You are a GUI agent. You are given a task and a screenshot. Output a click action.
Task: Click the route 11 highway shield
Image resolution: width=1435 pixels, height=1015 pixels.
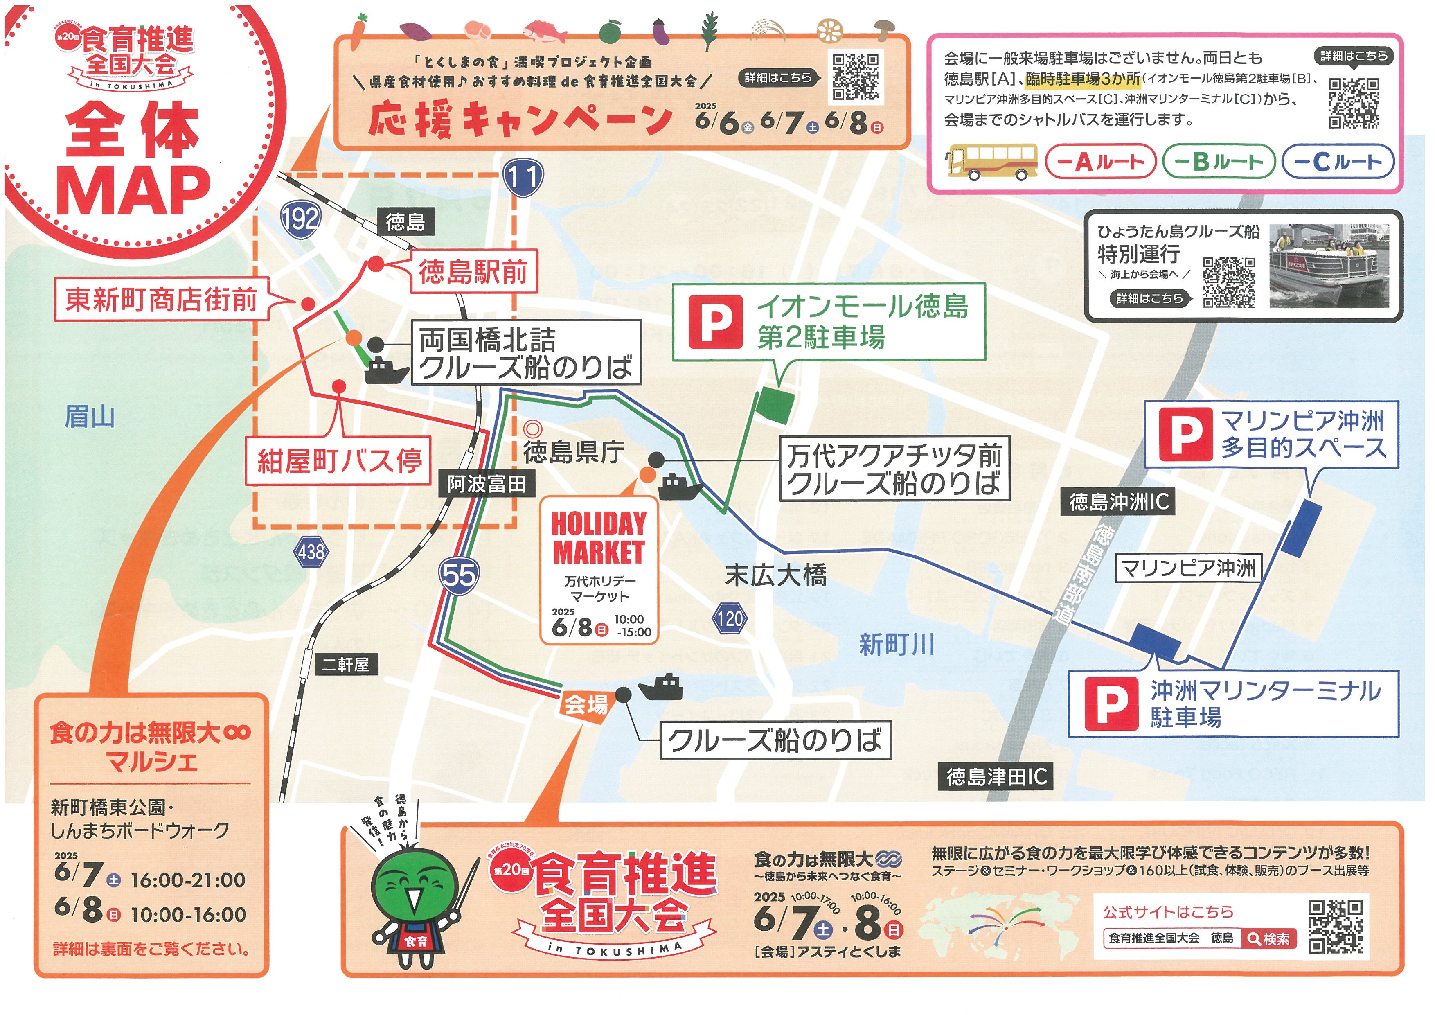523,178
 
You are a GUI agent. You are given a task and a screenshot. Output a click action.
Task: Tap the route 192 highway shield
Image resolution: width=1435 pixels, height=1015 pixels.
301,219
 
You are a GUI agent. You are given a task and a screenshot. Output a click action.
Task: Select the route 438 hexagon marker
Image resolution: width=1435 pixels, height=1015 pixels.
311,551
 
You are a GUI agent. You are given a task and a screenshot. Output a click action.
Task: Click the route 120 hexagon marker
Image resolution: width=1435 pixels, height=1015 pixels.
730,619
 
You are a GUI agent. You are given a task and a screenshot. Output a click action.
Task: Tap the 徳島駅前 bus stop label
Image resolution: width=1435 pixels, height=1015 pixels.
473,272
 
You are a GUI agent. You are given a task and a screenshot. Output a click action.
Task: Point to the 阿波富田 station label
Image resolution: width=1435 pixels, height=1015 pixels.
486,484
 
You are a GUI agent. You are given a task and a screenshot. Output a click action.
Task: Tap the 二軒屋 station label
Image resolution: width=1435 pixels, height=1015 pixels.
346,664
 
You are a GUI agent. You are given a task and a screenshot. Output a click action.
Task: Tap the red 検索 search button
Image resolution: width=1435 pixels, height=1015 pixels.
1269,939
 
